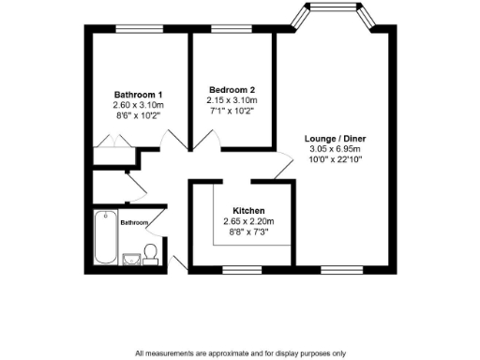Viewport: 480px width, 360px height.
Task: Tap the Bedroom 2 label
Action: [231, 90]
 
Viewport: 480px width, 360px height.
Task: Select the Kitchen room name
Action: [243, 210]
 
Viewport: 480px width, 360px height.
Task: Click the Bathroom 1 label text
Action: [139, 95]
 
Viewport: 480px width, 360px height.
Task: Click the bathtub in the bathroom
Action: [105, 238]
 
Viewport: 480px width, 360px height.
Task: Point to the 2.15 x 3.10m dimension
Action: [231, 100]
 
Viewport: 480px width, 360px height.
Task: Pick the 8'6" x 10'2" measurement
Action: [139, 115]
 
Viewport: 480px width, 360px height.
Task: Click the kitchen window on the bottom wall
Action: [242, 270]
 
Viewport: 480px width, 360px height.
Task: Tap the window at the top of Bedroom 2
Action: [225, 30]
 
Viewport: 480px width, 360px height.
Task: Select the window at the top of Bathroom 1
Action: [128, 30]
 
